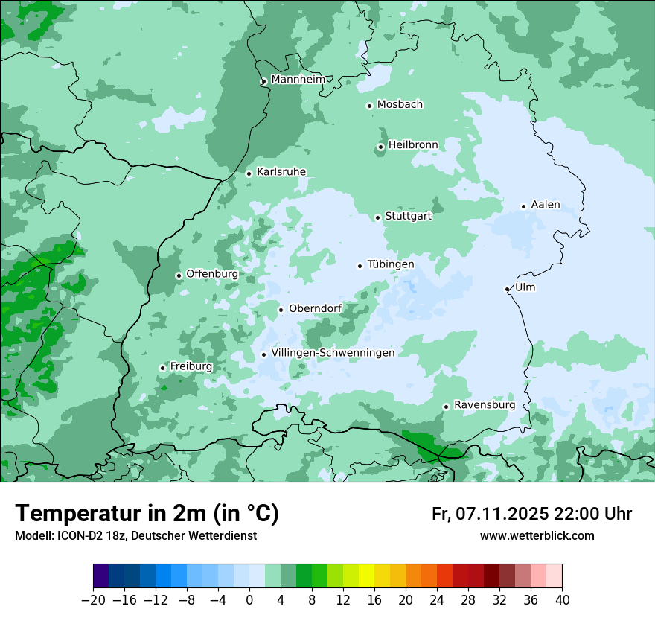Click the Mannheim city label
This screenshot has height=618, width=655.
[298, 79]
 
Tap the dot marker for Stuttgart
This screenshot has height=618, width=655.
[378, 217]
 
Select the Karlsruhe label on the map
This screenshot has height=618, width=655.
[281, 172]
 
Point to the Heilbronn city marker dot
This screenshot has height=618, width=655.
[381, 147]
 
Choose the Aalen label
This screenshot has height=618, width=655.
[545, 205]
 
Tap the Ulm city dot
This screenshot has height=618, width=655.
[508, 289]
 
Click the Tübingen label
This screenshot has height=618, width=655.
[390, 264]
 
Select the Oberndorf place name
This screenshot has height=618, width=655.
[315, 309]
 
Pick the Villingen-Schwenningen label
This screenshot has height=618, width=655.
[332, 352]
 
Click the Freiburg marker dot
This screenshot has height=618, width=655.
[162, 368]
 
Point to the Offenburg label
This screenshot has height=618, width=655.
[211, 274]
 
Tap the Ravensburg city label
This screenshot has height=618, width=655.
[484, 405]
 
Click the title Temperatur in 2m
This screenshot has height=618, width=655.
[147, 514]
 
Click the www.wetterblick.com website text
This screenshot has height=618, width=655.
[537, 535]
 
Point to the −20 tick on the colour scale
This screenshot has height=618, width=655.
[93, 600]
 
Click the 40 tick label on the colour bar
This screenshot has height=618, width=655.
[562, 600]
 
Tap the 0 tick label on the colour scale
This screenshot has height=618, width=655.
[249, 600]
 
